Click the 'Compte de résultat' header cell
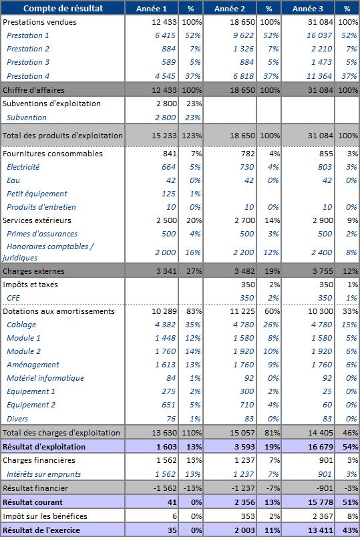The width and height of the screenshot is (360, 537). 63,9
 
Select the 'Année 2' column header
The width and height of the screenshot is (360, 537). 230,9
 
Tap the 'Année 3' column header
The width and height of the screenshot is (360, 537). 308,9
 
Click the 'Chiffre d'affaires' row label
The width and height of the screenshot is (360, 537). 33,90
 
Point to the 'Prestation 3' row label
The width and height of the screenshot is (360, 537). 28,62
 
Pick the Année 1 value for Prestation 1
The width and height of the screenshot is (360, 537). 165,35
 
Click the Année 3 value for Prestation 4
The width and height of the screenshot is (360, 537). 319,76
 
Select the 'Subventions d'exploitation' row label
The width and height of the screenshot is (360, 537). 51,104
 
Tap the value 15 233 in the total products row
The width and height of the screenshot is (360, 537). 164,136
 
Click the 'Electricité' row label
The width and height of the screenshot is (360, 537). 23,167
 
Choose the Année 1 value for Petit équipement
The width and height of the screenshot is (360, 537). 168,194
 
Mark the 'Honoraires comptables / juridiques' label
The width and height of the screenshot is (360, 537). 48,252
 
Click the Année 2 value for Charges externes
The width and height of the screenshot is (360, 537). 244,271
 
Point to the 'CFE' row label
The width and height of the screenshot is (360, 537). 13,298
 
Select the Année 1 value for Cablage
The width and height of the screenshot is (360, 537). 165,325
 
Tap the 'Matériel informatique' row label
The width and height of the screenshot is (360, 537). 45,378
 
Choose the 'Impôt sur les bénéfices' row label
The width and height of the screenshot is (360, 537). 45,516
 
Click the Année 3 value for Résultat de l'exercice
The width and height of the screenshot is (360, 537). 321,530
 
